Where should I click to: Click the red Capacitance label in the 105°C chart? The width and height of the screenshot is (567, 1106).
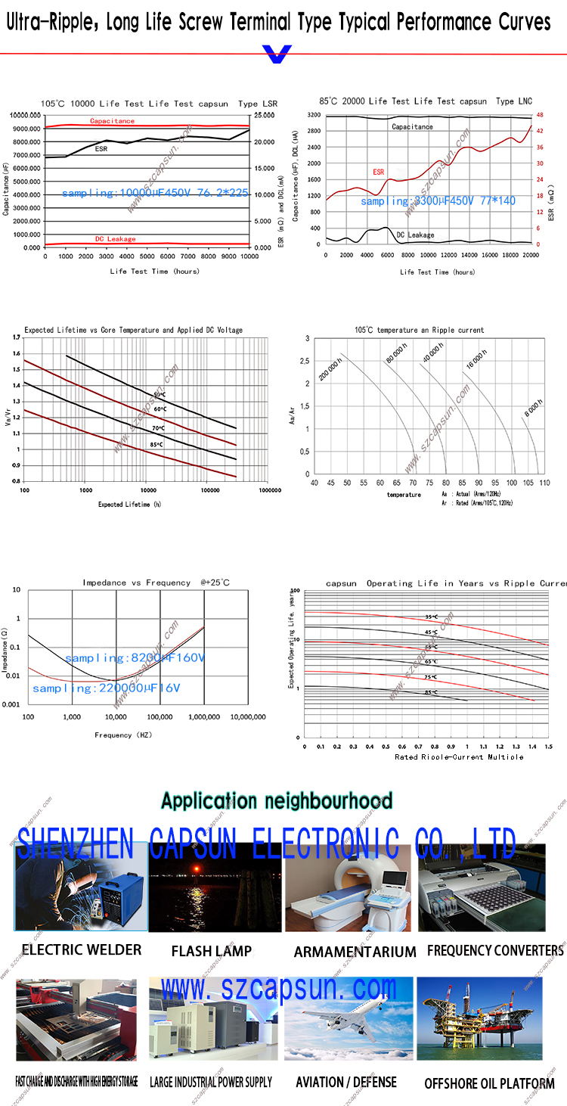click(112, 121)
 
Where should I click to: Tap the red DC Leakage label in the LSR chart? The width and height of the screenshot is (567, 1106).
click(115, 238)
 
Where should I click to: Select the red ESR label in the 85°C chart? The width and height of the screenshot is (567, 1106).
click(378, 172)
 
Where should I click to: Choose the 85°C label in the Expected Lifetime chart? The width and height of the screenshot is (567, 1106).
click(156, 444)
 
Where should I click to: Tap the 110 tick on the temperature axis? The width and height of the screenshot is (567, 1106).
click(545, 482)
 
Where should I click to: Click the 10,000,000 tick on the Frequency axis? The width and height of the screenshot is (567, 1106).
click(247, 716)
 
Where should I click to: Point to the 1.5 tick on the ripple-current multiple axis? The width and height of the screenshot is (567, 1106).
click(548, 746)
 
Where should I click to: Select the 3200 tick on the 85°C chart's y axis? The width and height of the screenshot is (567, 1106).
click(314, 115)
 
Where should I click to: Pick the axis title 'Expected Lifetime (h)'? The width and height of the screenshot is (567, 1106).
click(129, 504)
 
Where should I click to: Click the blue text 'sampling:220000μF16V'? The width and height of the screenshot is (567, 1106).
click(106, 688)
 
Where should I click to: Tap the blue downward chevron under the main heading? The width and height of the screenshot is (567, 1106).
click(276, 54)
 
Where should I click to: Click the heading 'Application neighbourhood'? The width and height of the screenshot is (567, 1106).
click(277, 801)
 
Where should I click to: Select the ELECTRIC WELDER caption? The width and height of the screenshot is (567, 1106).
click(81, 949)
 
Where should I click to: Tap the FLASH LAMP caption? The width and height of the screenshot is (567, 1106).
click(211, 951)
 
